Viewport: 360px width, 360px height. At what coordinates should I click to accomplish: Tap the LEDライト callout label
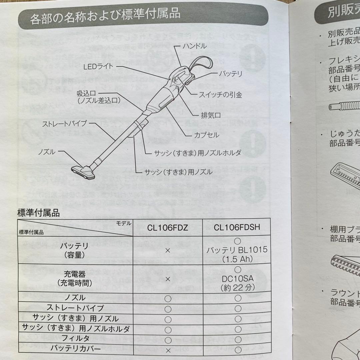pyautogui.click(x=98, y=67)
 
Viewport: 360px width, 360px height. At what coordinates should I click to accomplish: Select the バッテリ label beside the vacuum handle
pyautogui.click(x=230, y=74)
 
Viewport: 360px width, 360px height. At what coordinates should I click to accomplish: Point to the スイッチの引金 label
pyautogui.click(x=220, y=95)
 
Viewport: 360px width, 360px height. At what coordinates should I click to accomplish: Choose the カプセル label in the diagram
pyautogui.click(x=207, y=135)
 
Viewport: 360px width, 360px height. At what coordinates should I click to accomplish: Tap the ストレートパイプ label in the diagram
pyautogui.click(x=64, y=124)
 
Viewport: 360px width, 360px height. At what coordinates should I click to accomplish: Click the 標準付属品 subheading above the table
pyautogui.click(x=38, y=213)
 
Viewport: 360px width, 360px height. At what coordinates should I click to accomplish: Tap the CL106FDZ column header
pyautogui.click(x=168, y=228)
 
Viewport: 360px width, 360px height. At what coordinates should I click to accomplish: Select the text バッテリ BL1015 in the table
pyautogui.click(x=237, y=250)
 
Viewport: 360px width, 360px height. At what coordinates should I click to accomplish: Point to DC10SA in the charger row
pyautogui.click(x=237, y=278)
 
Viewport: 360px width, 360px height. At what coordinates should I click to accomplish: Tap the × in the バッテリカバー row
pyautogui.click(x=168, y=350)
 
